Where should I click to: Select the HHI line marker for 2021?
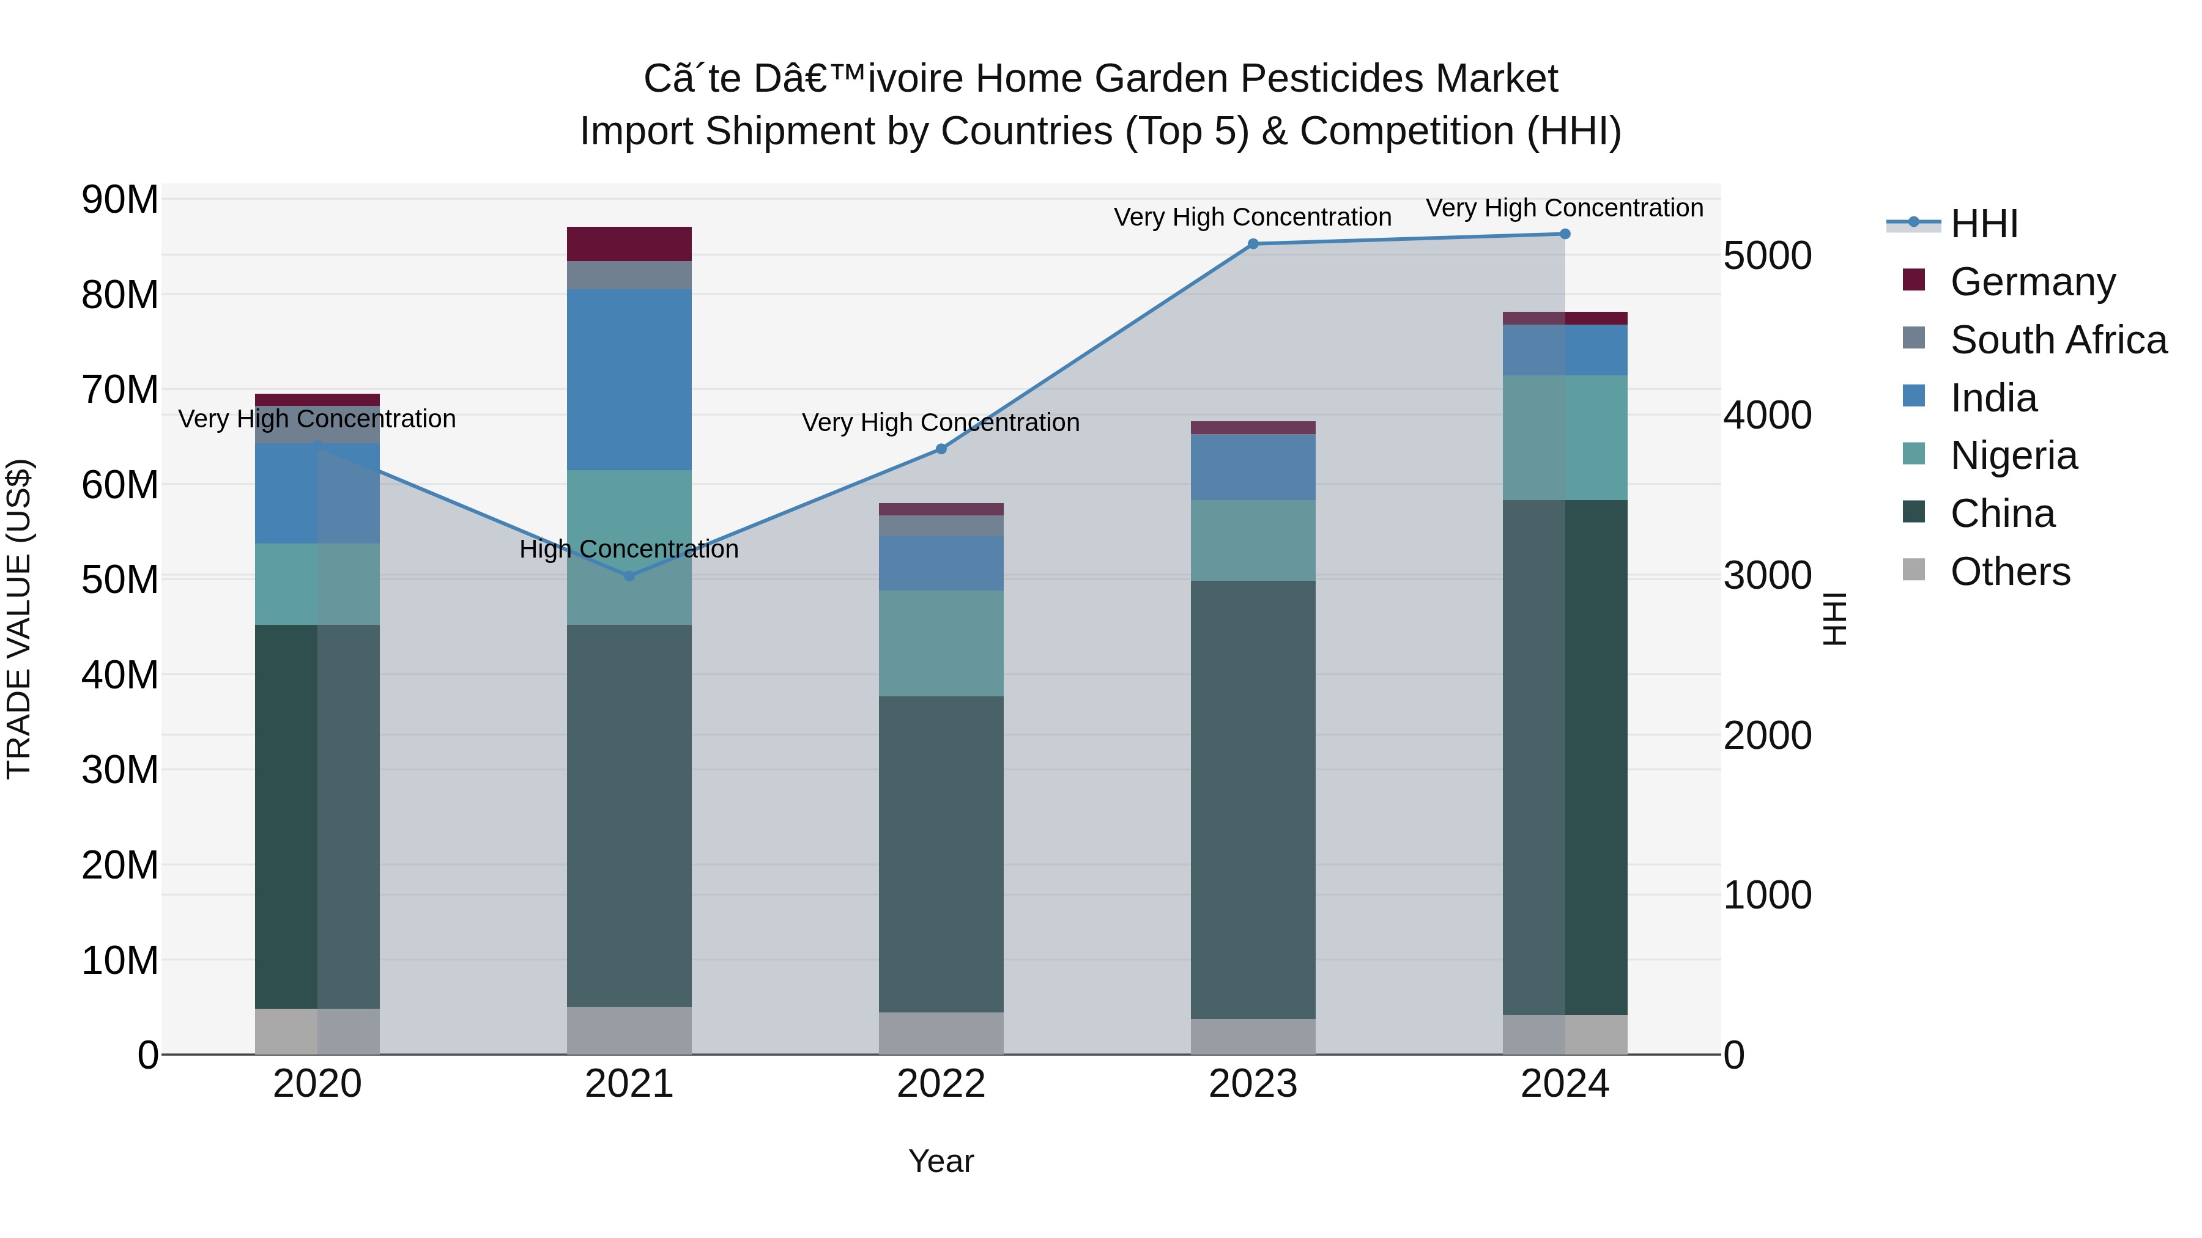click(629, 576)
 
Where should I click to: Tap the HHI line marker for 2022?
click(941, 449)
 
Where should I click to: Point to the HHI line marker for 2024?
click(1565, 234)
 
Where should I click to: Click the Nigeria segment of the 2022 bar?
click(941, 643)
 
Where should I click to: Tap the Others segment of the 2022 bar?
click(941, 1033)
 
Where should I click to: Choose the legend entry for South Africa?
click(2058, 340)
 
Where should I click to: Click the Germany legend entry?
click(2032, 282)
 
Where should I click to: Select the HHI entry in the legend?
click(1983, 224)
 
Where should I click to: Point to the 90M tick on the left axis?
click(120, 200)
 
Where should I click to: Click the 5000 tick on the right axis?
click(1767, 256)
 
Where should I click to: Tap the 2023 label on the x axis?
click(1253, 1084)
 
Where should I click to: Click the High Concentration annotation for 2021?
click(629, 550)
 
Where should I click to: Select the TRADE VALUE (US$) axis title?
click(19, 619)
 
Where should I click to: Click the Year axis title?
click(941, 1161)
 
